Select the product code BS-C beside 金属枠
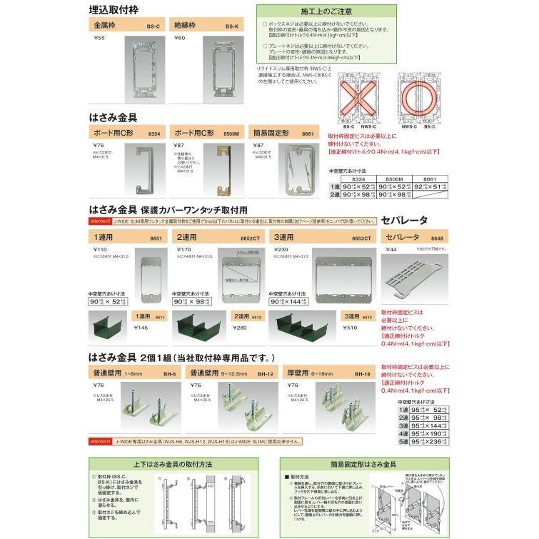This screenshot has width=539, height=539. [x=153, y=26]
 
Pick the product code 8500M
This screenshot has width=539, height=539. [x=231, y=134]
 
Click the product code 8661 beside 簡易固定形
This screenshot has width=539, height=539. [x=308, y=134]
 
